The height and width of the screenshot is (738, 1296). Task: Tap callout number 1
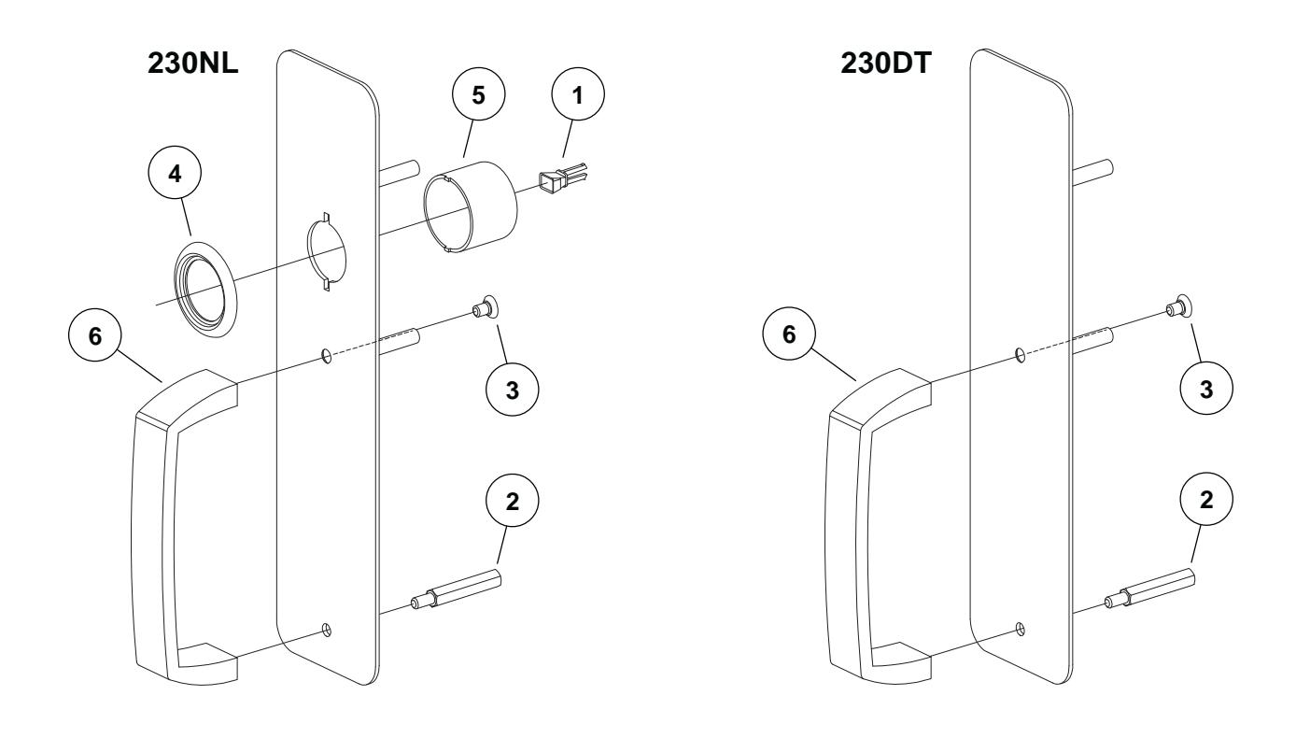pyautogui.click(x=576, y=99)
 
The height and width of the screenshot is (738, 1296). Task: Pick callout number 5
pyautogui.click(x=475, y=99)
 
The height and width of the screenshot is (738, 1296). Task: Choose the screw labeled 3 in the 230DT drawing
pyautogui.click(x=1178, y=307)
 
